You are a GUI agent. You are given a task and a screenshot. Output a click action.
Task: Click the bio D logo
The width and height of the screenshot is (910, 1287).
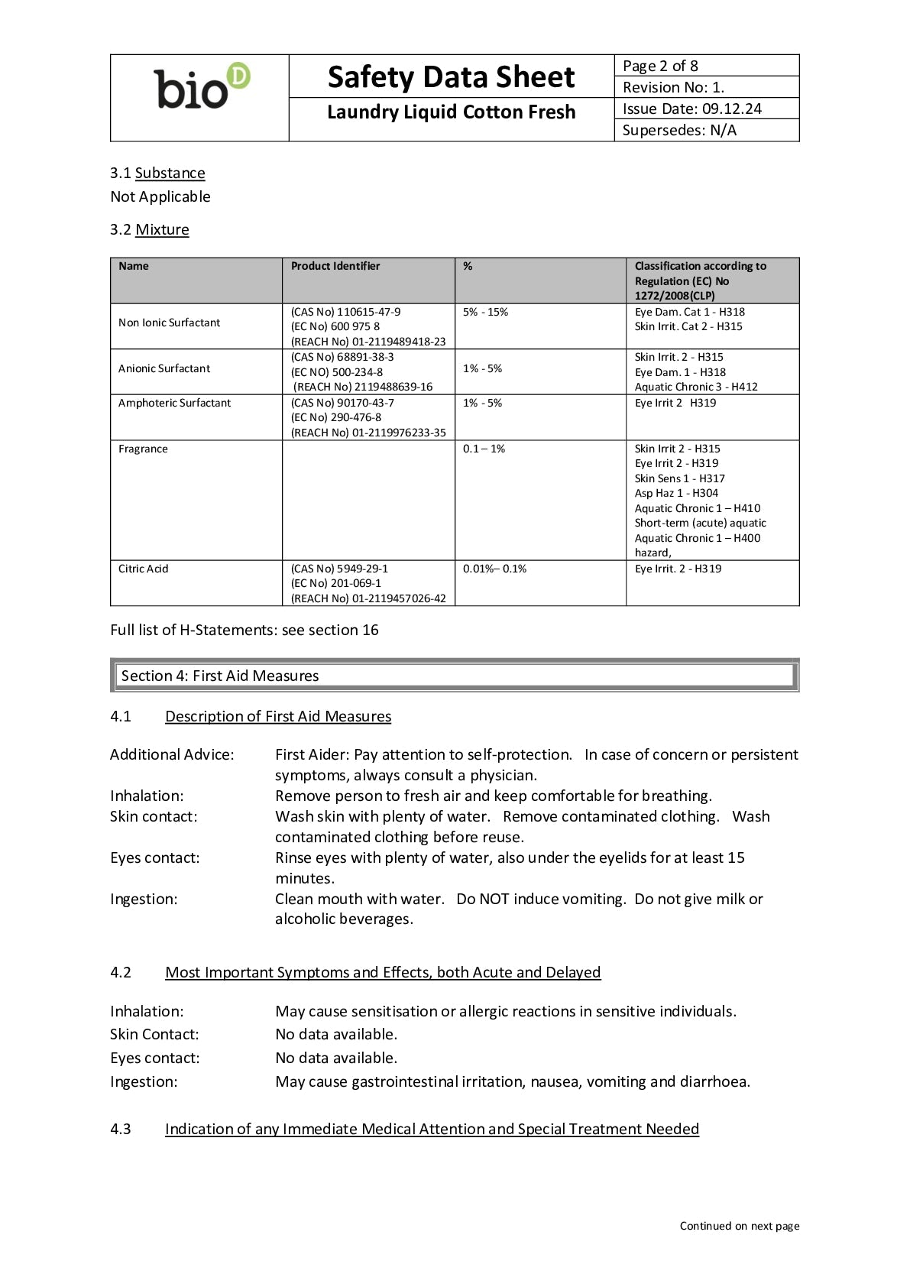coord(202,87)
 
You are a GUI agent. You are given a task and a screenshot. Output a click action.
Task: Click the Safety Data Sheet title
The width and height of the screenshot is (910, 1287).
coord(451,77)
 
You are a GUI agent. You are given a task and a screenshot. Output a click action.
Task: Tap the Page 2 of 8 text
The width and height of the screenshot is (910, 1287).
coord(660,66)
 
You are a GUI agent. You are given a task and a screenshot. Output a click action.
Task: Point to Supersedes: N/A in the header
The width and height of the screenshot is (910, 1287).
coord(679,130)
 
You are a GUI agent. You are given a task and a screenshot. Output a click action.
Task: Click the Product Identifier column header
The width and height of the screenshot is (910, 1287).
coord(335,266)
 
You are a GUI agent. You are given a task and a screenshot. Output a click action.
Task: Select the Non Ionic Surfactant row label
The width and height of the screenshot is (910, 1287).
coord(169,323)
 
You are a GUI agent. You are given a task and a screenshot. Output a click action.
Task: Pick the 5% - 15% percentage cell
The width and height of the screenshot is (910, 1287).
coord(485,312)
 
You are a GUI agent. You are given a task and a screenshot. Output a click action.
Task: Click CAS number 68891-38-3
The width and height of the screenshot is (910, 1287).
coord(342,357)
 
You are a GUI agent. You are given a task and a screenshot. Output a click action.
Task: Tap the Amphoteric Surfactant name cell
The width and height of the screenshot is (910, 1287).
coord(174,403)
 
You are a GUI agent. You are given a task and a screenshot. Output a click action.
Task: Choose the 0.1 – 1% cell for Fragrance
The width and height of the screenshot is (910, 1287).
coord(484,449)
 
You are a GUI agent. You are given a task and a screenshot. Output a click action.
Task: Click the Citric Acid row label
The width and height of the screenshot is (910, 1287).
coord(143,569)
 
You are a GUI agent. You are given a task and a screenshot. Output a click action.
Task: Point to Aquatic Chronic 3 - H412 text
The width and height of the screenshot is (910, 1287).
coord(696,387)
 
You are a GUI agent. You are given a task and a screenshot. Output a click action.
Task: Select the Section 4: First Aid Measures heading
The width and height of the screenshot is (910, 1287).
coord(220,676)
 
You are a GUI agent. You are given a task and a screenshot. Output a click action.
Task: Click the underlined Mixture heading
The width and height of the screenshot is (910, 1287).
coord(162,229)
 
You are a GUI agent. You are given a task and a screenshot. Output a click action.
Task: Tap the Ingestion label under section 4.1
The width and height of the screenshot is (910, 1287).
coord(144,899)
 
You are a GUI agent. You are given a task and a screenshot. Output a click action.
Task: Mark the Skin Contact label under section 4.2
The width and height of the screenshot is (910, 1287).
coord(154,1034)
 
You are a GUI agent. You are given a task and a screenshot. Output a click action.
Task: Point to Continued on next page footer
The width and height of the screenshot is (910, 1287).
coord(740,1226)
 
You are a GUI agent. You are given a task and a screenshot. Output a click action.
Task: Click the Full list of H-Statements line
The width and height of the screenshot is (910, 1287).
coord(245,630)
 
